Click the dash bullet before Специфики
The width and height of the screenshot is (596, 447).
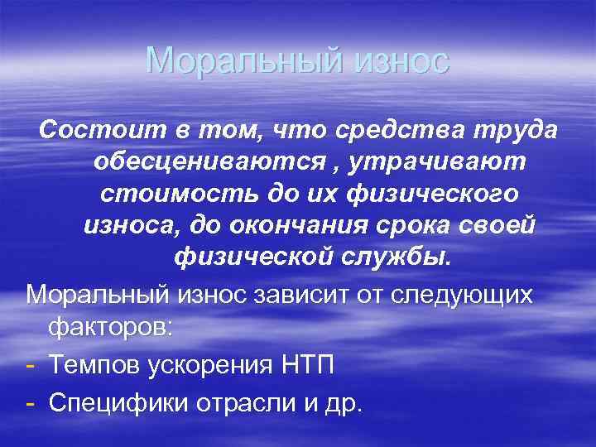pyautogui.click(x=30, y=401)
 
